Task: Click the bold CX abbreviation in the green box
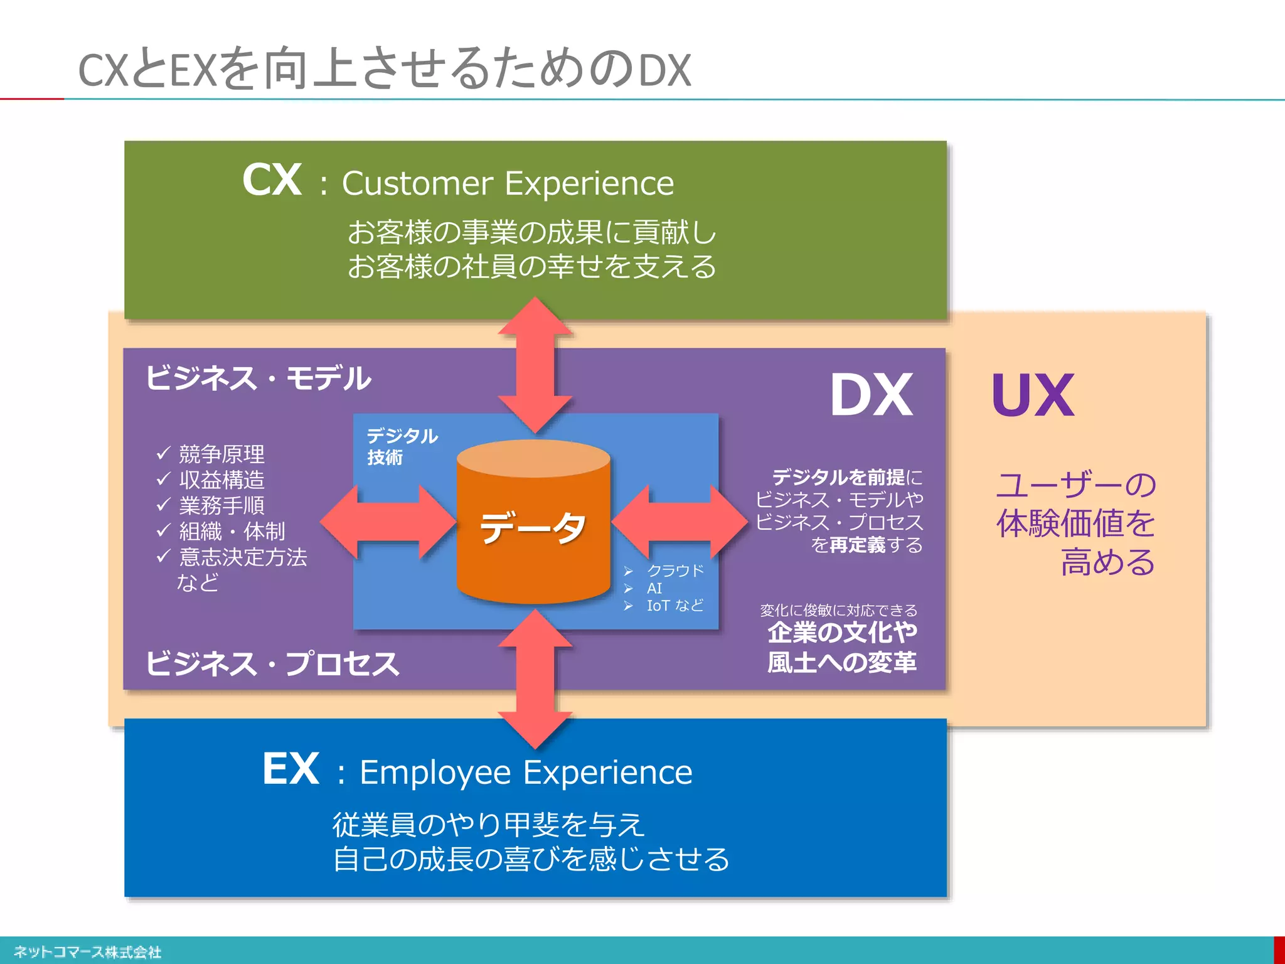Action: [x=272, y=181]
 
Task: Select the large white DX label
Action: [x=871, y=395]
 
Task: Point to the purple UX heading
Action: [x=1033, y=395]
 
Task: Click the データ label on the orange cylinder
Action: [x=533, y=527]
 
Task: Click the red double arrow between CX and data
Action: [x=535, y=364]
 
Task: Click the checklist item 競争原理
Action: [x=221, y=454]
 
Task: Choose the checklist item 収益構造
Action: [x=221, y=480]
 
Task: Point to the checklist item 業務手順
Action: [x=221, y=505]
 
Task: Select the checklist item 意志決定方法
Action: [x=243, y=557]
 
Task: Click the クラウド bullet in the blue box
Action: [x=675, y=570]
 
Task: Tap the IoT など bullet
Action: [x=675, y=606]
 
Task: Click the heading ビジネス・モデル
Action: [x=259, y=378]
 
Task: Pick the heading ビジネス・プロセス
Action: [x=272, y=664]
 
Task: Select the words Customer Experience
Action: [x=508, y=184]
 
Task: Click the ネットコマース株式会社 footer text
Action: [x=88, y=952]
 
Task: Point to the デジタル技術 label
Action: [x=402, y=446]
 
